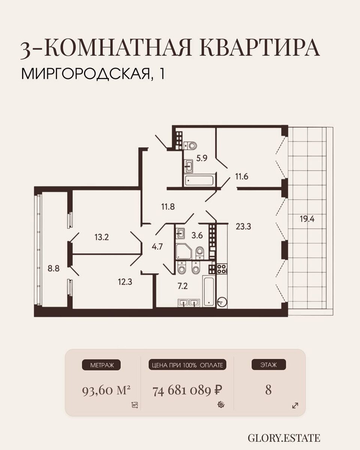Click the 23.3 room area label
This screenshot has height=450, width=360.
pyautogui.click(x=243, y=226)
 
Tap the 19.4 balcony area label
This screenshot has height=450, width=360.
pyautogui.click(x=307, y=219)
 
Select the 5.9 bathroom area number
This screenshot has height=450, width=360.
pyautogui.click(x=202, y=158)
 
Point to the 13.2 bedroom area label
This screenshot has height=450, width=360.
pyautogui.click(x=102, y=237)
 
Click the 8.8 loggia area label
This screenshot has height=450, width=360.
pyautogui.click(x=54, y=268)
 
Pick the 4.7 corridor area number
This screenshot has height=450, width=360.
pyautogui.click(x=157, y=247)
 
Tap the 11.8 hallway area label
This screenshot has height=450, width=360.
pyautogui.click(x=168, y=207)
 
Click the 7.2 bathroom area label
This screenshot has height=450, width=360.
pyautogui.click(x=183, y=286)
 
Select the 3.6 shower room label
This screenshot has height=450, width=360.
pyautogui.click(x=197, y=235)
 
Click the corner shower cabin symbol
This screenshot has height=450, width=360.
pyautogui.click(x=183, y=252)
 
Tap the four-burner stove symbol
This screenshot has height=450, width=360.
pyautogui.click(x=222, y=269)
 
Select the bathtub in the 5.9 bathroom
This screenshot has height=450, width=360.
pyautogui.click(x=199, y=180)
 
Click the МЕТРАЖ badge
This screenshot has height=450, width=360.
pyautogui.click(x=101, y=370)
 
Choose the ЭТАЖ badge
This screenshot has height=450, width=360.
pyautogui.click(x=268, y=370)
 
